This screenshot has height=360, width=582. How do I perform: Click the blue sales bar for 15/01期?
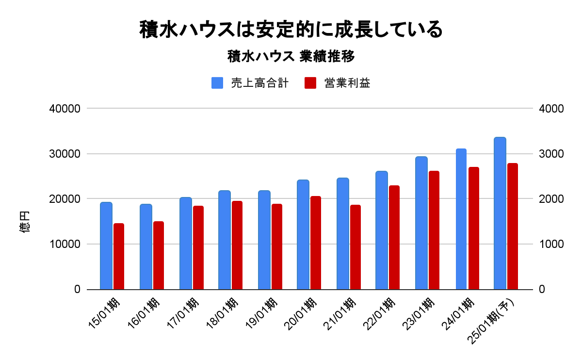tap(106, 245)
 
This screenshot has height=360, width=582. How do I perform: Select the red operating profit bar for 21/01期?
tap(355, 247)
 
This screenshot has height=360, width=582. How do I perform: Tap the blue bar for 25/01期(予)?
tap(500, 213)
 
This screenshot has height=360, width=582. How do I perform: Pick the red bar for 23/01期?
tap(434, 230)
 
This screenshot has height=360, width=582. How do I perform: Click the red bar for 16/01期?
tap(159, 255)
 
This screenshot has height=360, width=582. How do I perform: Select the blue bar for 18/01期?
tap(224, 240)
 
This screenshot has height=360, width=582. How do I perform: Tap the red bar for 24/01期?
tap(473, 228)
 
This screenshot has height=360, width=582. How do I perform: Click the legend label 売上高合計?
tap(259, 83)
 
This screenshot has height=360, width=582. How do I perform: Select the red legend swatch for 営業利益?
tap(310, 83)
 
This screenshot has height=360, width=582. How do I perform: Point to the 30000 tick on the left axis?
tap(65, 154)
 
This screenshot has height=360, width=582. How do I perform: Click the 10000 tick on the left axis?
tap(65, 244)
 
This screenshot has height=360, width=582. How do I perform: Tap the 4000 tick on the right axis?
tap(551, 109)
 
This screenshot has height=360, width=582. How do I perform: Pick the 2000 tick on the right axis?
tap(551, 199)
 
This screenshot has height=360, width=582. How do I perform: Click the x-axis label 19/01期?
tap(262, 313)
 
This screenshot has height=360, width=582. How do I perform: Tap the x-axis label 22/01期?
tap(380, 313)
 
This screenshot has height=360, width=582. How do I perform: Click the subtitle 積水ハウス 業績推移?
tap(291, 57)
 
